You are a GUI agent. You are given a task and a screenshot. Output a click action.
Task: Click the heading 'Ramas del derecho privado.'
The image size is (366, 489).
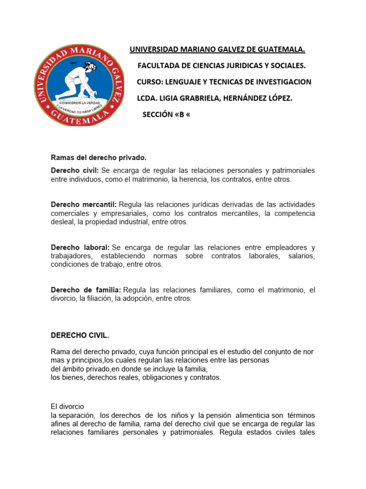pos(99,158)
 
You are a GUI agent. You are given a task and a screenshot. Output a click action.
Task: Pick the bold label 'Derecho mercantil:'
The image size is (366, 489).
pos(83,204)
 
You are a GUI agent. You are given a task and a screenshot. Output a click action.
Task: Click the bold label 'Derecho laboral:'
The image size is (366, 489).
pos(80,247)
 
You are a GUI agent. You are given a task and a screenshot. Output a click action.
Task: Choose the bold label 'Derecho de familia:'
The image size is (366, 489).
pos(86,290)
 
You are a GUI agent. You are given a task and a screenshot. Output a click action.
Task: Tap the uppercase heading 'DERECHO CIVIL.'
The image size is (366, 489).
pos(80,335)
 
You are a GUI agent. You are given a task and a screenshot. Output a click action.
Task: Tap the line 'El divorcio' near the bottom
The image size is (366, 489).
pos(67,406)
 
